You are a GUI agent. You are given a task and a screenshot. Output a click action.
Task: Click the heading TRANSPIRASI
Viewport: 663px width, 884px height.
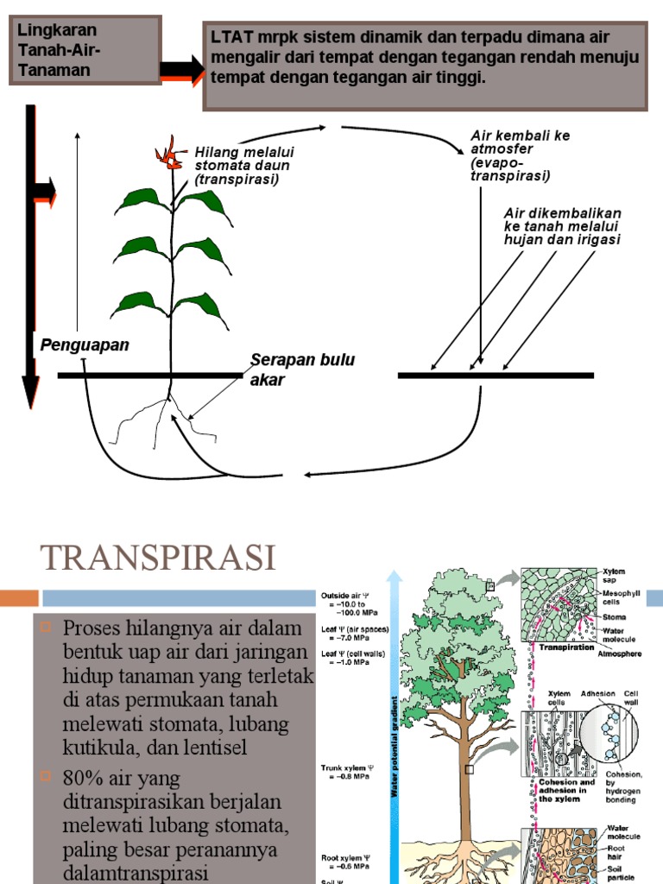tap(158, 559)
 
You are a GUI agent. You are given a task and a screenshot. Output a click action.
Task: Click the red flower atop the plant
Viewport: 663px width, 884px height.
tap(170, 155)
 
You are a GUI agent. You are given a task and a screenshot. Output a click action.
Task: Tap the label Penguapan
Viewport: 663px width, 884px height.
tap(85, 345)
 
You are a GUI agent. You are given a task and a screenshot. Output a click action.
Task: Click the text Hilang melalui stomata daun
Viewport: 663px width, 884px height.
tap(242, 166)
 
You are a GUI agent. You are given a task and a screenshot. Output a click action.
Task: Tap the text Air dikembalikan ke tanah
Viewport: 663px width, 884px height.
tap(561, 226)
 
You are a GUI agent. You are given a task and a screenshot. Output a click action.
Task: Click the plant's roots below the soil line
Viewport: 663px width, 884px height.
tap(168, 414)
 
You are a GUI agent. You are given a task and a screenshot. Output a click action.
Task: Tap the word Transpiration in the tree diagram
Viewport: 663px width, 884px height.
tap(565, 647)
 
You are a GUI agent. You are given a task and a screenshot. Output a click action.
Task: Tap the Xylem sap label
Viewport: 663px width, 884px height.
tap(614, 576)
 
